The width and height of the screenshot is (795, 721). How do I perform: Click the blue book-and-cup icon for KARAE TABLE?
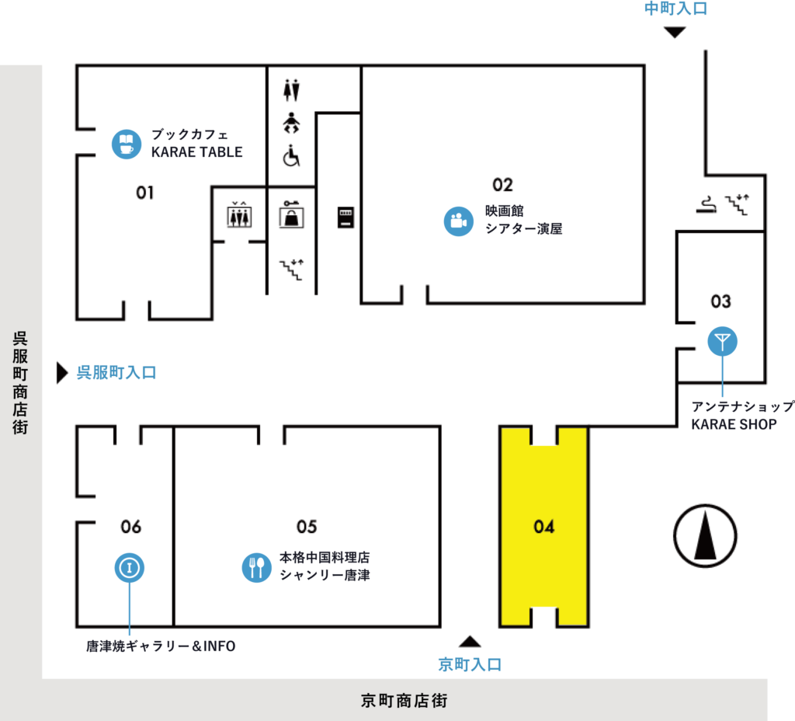point(127,144)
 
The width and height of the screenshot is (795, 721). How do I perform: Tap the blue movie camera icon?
point(458,221)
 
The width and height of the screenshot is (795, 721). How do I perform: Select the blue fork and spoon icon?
point(256,567)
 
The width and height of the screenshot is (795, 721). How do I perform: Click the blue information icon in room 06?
point(130,567)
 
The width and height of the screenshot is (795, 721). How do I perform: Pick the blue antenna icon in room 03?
point(723,342)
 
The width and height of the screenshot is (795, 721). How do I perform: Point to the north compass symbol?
point(705,536)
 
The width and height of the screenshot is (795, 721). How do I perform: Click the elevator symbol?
point(239,215)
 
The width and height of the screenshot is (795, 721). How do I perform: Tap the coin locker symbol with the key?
point(292,214)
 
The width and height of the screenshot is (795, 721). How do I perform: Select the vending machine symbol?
point(345,218)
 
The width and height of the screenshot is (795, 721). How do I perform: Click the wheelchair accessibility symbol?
point(292,155)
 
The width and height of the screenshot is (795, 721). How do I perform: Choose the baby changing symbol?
point(291,123)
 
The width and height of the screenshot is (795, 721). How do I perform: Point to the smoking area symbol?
point(706,204)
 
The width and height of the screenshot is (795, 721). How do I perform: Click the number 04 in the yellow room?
point(544,527)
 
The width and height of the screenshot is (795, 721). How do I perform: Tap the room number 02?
point(502,185)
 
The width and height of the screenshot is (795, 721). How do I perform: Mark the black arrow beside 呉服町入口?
point(62,373)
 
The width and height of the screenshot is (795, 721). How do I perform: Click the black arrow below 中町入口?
point(675,33)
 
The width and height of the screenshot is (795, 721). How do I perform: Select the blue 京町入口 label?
point(470,664)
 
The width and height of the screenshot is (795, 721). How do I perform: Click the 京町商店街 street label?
point(404,701)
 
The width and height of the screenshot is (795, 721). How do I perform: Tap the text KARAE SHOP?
point(734,424)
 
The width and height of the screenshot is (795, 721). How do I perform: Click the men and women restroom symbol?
point(292,90)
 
